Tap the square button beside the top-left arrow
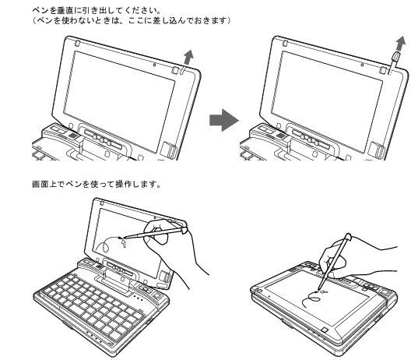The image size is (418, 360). (x=176, y=68)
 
